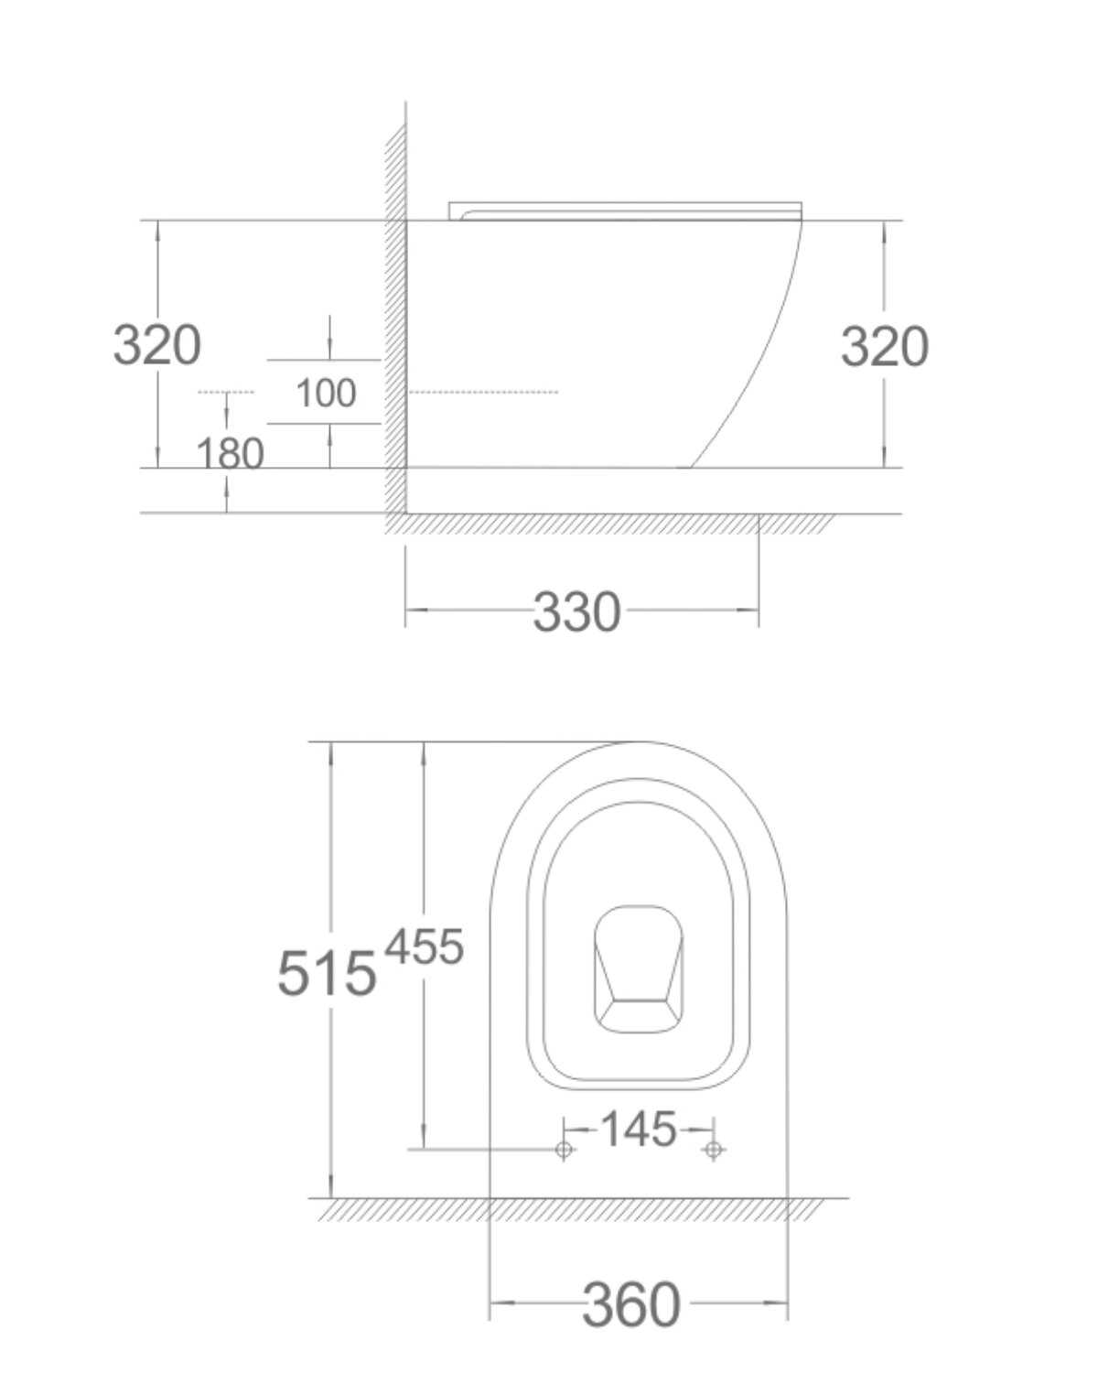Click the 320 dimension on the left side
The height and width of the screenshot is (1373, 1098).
tap(157, 345)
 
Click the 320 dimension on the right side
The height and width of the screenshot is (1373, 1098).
tap(885, 346)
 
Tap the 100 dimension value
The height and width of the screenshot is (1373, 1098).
tap(326, 393)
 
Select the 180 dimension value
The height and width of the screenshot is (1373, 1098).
tap(231, 454)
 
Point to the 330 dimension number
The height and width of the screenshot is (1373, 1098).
tap(576, 611)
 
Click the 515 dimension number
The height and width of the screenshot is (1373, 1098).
tap(328, 973)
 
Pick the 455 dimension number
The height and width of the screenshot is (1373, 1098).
tap(425, 946)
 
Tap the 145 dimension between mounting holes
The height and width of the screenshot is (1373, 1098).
tap(639, 1129)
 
